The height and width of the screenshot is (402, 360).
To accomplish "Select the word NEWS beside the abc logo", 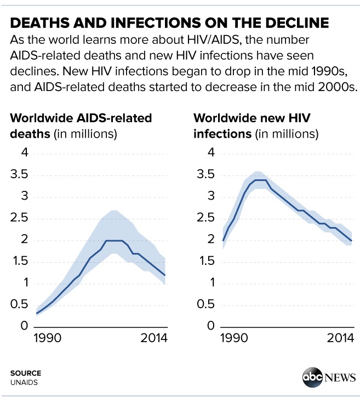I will point(339,378).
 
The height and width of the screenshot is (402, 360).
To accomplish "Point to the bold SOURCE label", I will point(25,373).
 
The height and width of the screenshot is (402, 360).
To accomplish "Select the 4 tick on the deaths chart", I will point(23,153).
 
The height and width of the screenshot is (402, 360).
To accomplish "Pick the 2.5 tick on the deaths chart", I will point(18,218).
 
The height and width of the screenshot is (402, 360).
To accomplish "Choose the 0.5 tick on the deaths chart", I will point(18,305).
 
